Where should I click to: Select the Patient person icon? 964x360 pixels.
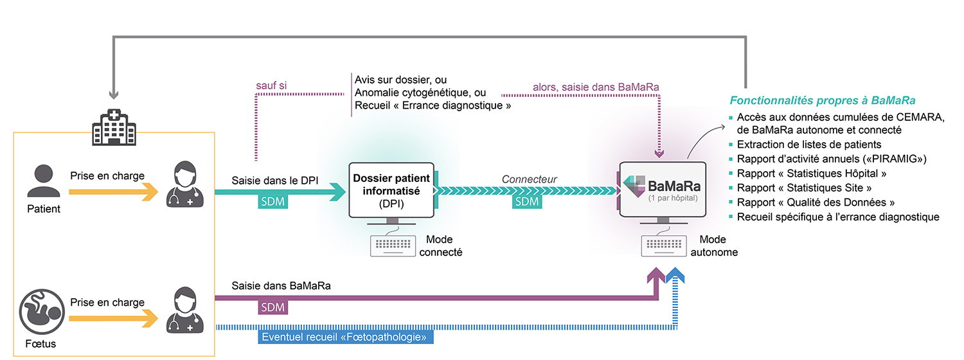point(44,182)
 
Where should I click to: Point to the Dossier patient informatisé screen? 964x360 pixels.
point(391,190)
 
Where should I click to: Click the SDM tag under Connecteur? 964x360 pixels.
point(527,202)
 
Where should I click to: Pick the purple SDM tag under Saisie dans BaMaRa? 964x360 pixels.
point(273,307)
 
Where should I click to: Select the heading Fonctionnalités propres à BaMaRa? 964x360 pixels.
point(822,100)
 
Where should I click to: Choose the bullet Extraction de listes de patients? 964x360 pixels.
point(808,145)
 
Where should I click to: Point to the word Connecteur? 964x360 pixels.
point(530,179)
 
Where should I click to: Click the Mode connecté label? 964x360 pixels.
point(440,246)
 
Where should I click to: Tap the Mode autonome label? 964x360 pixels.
point(714,246)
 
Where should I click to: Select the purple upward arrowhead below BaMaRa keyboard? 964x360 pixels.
point(657,279)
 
